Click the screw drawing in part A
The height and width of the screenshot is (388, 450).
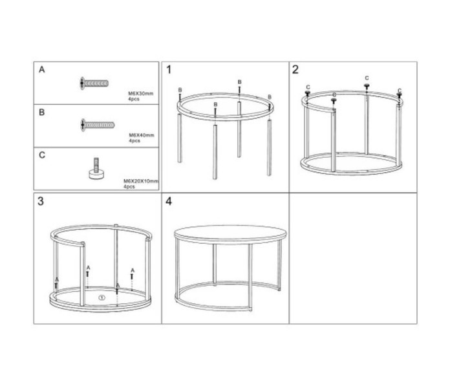pos(94,83)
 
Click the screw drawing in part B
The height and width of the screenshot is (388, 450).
pos(97,125)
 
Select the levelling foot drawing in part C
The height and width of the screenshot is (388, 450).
pos(96,169)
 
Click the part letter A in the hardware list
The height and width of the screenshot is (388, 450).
pos(42,70)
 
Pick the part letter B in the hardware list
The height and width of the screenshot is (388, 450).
pos(42,113)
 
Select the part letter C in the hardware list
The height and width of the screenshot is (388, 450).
pos(42,155)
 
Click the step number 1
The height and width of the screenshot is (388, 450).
pos(169,70)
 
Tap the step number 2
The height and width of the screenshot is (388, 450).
pos(295,69)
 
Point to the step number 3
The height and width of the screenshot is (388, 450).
pos(41,201)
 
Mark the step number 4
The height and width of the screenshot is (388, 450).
pos(169,201)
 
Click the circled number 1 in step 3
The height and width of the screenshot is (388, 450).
pos(102,297)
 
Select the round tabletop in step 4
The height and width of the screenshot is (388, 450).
pos(230,233)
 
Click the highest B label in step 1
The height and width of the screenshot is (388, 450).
pos(240,82)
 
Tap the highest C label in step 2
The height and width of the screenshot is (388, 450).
pos(367,78)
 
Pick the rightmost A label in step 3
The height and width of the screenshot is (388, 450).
pos(133,270)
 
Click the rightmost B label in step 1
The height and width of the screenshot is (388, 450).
pos(270,97)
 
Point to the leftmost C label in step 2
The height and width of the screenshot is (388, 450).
pos(308,87)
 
